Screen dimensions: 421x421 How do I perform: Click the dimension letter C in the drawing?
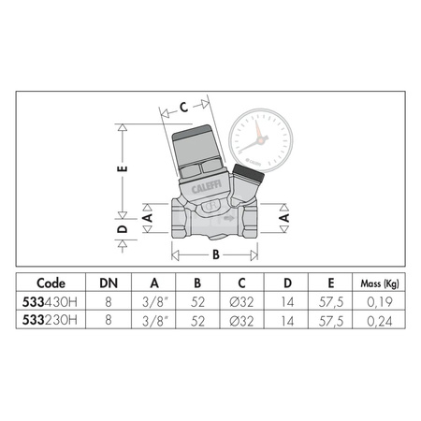tap(184, 107)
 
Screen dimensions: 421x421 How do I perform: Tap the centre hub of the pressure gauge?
tap(254, 145)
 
